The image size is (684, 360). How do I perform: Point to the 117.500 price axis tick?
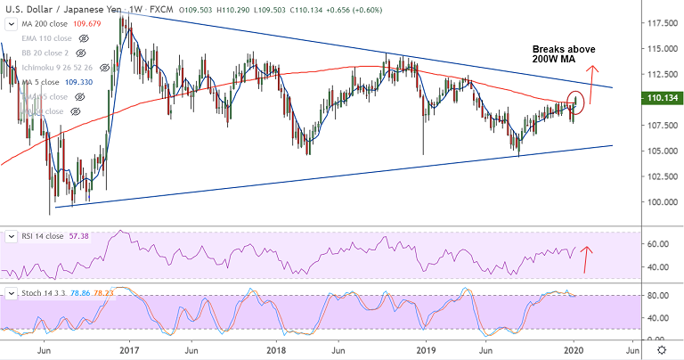tap(659, 22)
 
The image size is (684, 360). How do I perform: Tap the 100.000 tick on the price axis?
tap(659, 202)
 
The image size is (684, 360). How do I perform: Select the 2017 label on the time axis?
tap(129, 351)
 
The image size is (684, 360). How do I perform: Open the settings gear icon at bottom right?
tap(661, 351)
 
